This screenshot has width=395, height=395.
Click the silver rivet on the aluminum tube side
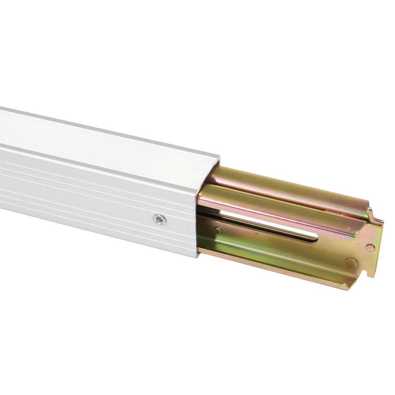pos(159,219)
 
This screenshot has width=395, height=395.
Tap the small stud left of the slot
pos(217,230)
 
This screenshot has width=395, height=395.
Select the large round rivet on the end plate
pos(351,263)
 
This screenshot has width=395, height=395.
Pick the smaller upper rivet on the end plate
pos(370,248)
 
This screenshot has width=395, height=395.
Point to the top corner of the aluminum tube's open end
pos(219,156)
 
